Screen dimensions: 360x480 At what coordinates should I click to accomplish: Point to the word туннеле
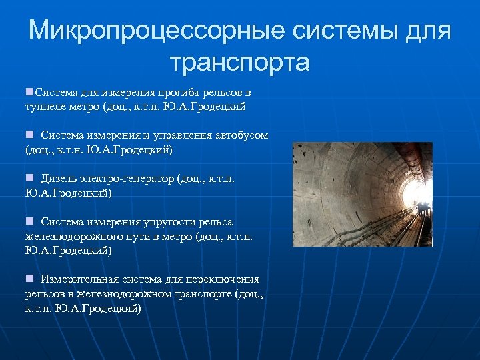(x=45, y=106)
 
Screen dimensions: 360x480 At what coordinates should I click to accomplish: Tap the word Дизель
(x=58, y=179)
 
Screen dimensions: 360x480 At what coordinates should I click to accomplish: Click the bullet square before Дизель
(x=29, y=178)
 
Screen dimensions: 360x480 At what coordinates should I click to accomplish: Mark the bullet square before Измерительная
(x=29, y=279)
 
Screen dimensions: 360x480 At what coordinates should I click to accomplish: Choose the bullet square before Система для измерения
(x=29, y=91)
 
